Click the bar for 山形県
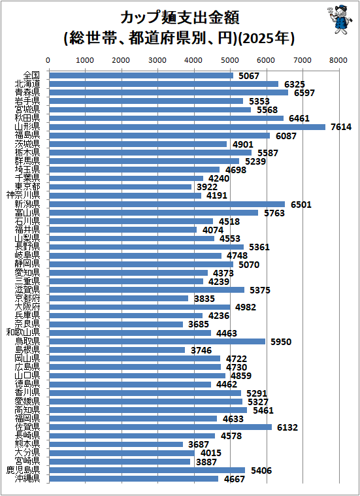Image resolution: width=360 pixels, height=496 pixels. (188, 127)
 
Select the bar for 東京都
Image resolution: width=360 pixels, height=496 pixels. (120, 187)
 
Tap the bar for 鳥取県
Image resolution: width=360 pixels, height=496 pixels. (157, 341)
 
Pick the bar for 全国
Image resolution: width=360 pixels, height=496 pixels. (141, 76)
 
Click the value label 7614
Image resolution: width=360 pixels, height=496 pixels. (341, 127)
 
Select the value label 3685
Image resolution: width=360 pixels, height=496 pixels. (199, 325)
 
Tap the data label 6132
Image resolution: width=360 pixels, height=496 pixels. (287, 427)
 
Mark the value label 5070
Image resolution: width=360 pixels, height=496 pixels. (249, 265)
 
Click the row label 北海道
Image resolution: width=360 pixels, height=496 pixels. (27, 84)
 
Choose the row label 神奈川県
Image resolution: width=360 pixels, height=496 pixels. (23, 195)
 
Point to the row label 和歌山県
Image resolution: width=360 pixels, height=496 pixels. (23, 332)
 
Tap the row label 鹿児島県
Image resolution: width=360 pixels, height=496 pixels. (23, 470)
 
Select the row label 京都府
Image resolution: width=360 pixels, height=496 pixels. (27, 298)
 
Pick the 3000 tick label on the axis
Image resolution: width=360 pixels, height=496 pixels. (157, 60)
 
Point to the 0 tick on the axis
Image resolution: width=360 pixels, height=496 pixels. (48, 60)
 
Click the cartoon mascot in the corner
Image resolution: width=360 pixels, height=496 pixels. (340, 19)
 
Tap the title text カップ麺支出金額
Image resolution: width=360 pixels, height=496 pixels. (180, 18)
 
